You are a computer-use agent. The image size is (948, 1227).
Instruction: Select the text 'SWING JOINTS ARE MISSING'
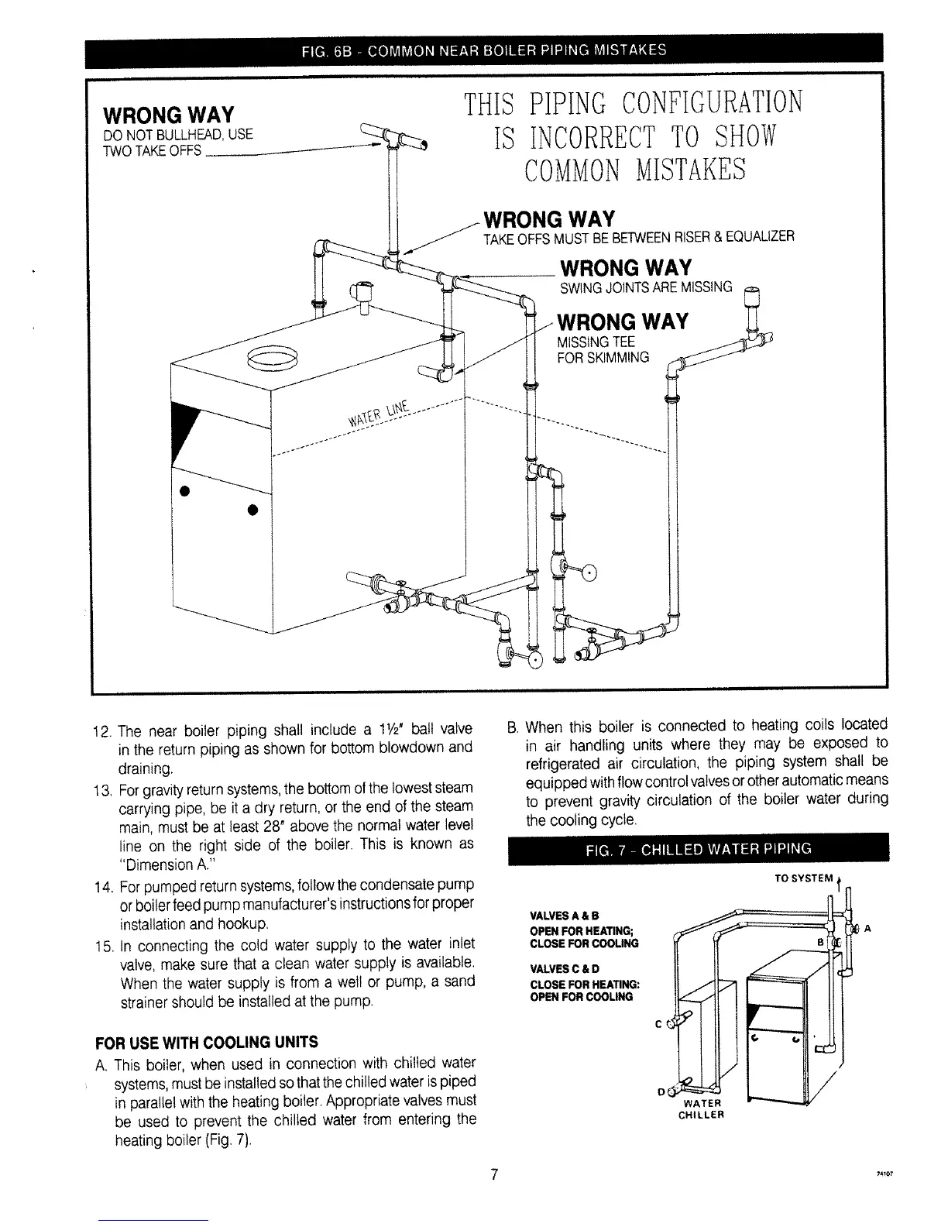(645, 288)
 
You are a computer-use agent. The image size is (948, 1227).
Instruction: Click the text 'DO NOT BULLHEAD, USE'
(177, 135)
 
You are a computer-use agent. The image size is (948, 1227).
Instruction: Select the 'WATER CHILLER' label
(700, 1109)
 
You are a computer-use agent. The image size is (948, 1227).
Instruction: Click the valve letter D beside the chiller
(661, 1092)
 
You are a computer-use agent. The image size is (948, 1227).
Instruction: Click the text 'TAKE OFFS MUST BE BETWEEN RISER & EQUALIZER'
(638, 236)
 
